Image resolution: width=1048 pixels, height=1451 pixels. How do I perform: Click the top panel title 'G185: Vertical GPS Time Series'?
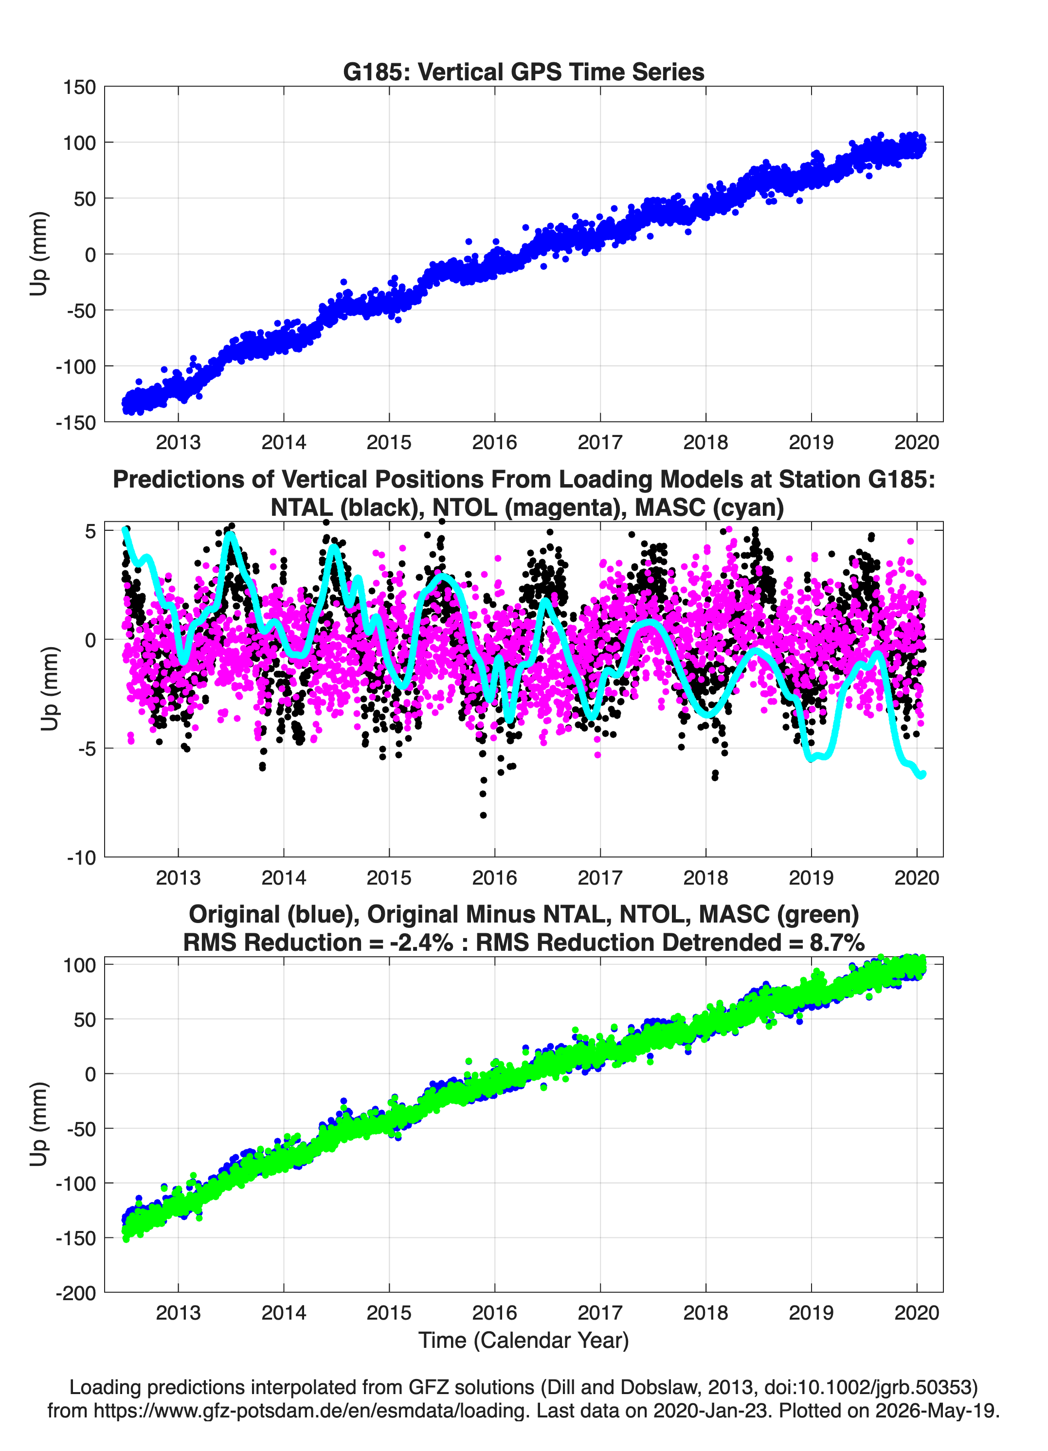tap(524, 72)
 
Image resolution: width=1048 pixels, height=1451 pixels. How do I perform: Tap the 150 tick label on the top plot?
tap(79, 87)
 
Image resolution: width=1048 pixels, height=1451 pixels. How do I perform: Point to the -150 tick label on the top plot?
tap(75, 423)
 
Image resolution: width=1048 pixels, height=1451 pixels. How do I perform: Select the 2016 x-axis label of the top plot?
tap(495, 442)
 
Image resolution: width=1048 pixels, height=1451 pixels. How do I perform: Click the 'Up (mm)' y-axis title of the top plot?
tap(39, 254)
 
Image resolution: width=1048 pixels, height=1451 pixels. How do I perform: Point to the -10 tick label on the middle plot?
tap(82, 858)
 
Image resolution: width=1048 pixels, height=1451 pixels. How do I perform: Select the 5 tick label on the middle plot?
tap(90, 531)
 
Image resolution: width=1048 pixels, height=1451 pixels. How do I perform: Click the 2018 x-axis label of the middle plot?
tap(705, 878)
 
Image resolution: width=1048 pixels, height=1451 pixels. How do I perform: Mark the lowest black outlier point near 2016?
tap(483, 815)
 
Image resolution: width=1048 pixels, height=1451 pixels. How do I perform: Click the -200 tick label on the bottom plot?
tap(75, 1293)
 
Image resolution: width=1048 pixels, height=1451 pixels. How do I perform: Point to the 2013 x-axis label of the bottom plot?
tap(178, 1313)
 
